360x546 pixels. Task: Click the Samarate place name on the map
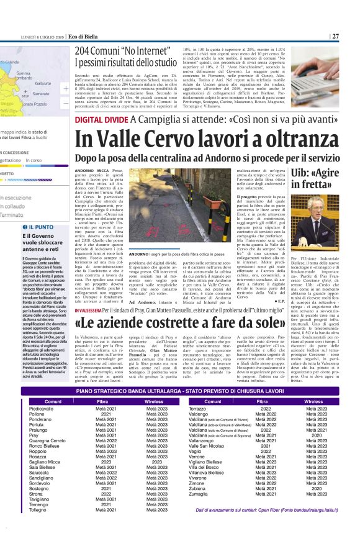tap(41, 93)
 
